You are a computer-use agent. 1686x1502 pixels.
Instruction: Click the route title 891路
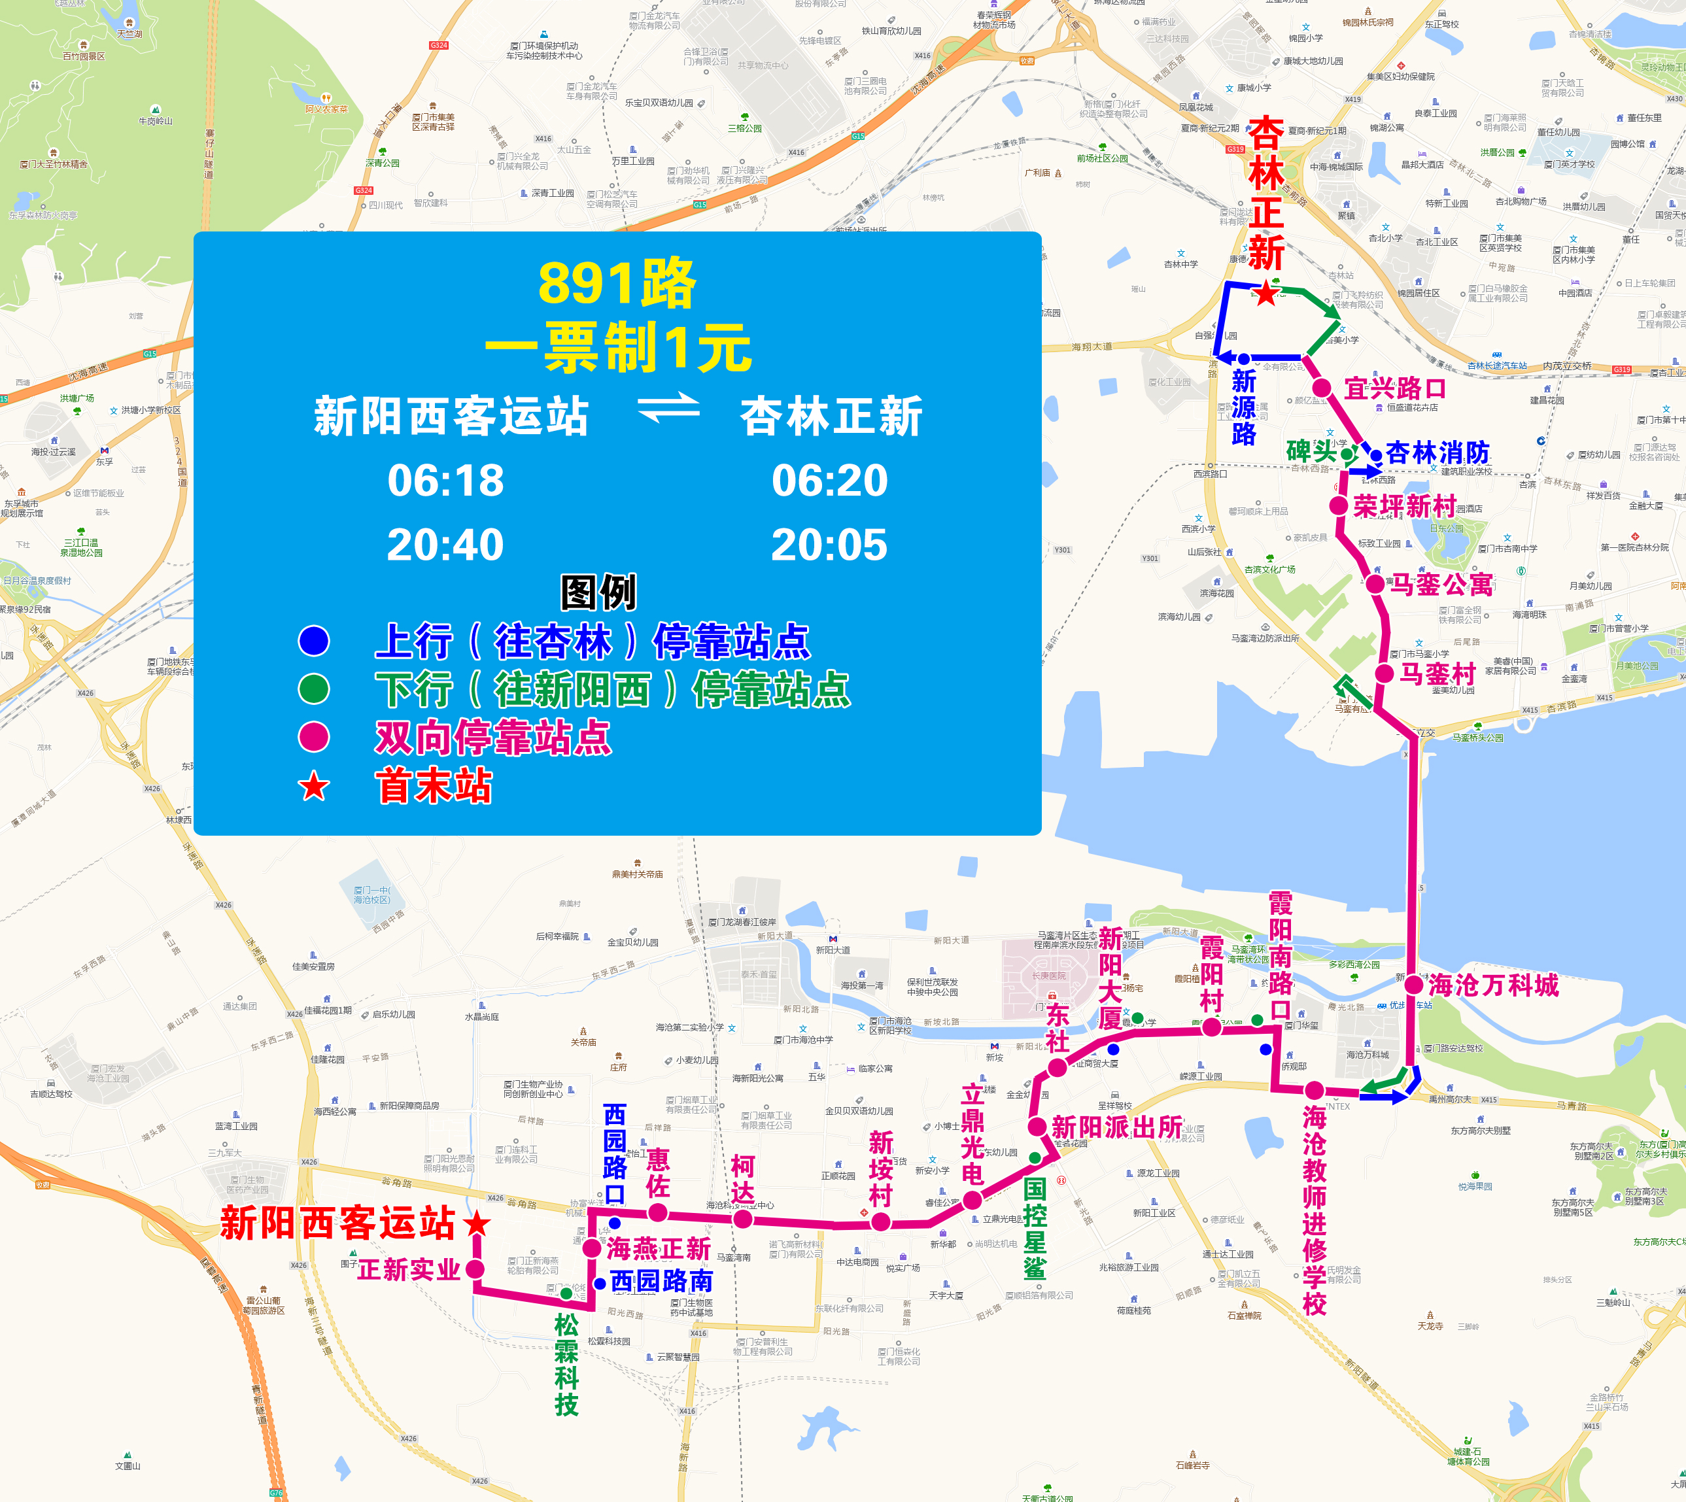(617, 283)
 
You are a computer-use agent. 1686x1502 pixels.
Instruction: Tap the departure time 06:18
(445, 481)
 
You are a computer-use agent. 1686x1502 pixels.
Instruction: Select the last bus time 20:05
(829, 545)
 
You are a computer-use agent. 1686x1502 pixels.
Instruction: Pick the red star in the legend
(314, 787)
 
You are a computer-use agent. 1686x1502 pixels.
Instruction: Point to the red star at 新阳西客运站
(477, 1223)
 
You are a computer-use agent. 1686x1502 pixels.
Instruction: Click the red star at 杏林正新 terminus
(1266, 293)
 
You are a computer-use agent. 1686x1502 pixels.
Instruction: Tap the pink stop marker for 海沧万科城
(1414, 985)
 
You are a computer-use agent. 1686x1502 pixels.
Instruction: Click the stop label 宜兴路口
(1395, 388)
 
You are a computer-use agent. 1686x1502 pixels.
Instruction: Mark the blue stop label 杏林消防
(1437, 452)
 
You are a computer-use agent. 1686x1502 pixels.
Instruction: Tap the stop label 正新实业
(409, 1269)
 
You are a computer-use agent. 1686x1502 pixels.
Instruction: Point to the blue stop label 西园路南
(661, 1281)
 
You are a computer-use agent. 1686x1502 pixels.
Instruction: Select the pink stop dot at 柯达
(743, 1219)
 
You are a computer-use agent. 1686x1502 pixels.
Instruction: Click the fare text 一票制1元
(617, 347)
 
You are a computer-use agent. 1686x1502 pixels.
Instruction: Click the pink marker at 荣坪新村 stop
(1339, 506)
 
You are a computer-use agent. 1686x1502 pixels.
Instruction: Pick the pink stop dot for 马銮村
(1385, 674)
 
